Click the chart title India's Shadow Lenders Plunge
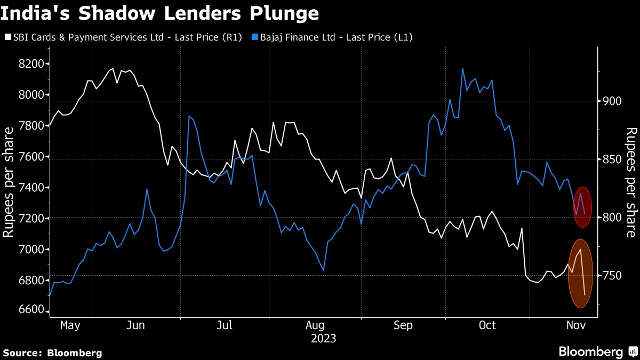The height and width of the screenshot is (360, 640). point(160,13)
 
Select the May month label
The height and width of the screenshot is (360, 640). point(70,325)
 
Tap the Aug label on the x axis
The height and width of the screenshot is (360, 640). point(315,325)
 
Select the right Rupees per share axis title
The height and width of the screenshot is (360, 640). point(631,182)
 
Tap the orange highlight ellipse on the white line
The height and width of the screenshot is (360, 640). point(580,273)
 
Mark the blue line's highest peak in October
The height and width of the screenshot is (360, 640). point(462,68)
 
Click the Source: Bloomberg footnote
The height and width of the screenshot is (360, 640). point(52,353)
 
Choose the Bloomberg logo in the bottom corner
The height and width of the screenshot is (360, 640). point(597,352)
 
